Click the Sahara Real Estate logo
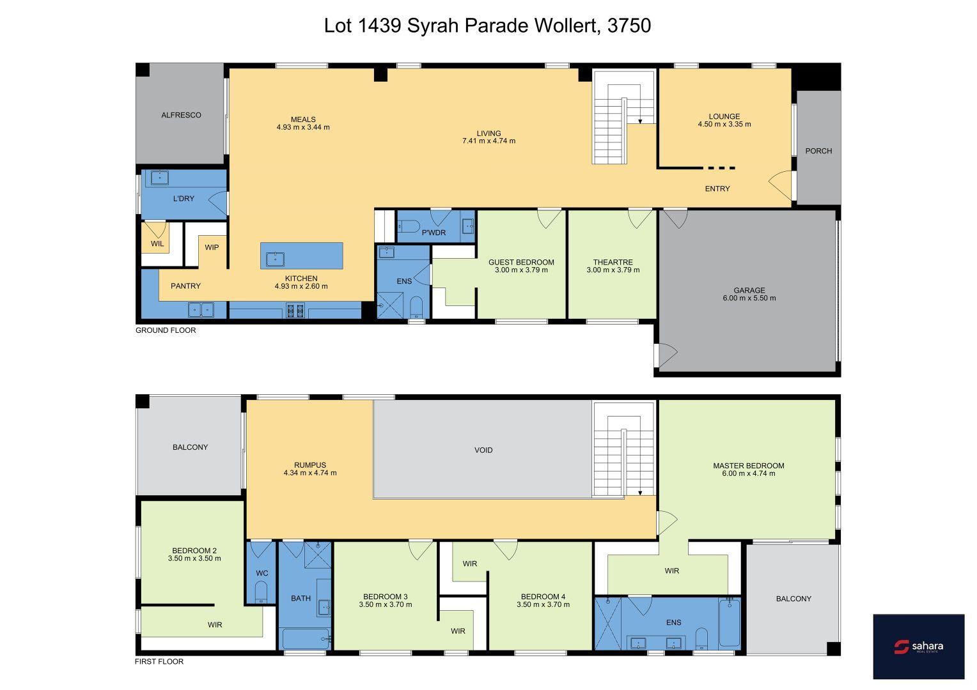[918, 646]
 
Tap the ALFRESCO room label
[181, 115]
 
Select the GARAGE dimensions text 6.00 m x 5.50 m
[749, 298]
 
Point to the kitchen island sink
[275, 259]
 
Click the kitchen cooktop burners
[295, 310]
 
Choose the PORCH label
[818, 151]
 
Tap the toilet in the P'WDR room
[408, 227]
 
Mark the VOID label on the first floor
[483, 450]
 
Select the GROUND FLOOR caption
[166, 330]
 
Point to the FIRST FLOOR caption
[159, 661]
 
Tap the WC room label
[262, 573]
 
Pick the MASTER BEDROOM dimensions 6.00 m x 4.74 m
[749, 473]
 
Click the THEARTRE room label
[613, 262]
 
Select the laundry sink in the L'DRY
[160, 178]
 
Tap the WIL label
[157, 243]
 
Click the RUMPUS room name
[309, 465]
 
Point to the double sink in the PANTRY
[201, 309]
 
